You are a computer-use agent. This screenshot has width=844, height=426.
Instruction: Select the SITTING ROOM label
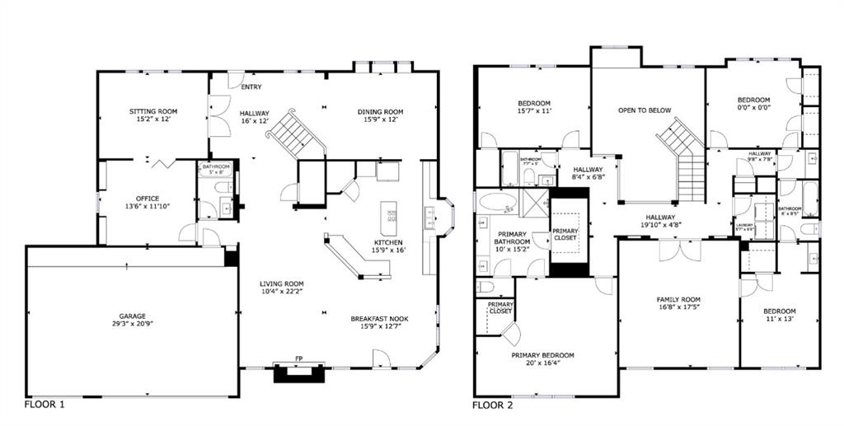pyautogui.click(x=152, y=111)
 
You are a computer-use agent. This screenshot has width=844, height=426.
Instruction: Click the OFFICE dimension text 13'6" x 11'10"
pyautogui.click(x=143, y=208)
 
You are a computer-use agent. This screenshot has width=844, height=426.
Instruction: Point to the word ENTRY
pyautogui.click(x=252, y=87)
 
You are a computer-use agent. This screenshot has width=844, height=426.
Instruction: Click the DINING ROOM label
pyautogui.click(x=380, y=112)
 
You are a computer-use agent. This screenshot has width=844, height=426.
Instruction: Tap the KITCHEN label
pyautogui.click(x=387, y=242)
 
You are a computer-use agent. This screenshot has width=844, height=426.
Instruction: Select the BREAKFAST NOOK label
pyautogui.click(x=379, y=319)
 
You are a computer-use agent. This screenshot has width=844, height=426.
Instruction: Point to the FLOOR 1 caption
pyautogui.click(x=45, y=405)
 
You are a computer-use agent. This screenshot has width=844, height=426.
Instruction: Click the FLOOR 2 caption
pyautogui.click(x=492, y=405)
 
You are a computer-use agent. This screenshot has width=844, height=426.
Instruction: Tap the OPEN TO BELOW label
pyautogui.click(x=645, y=110)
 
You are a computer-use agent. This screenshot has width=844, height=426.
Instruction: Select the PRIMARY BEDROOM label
pyautogui.click(x=542, y=355)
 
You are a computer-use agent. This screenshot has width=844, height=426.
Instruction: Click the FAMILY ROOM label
pyautogui.click(x=678, y=299)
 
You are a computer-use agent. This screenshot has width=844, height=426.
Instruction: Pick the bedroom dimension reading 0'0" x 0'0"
pyautogui.click(x=753, y=109)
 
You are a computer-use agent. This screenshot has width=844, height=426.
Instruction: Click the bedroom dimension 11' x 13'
pyautogui.click(x=779, y=318)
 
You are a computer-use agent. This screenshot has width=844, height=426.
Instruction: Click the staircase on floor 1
pyautogui.click(x=298, y=134)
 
